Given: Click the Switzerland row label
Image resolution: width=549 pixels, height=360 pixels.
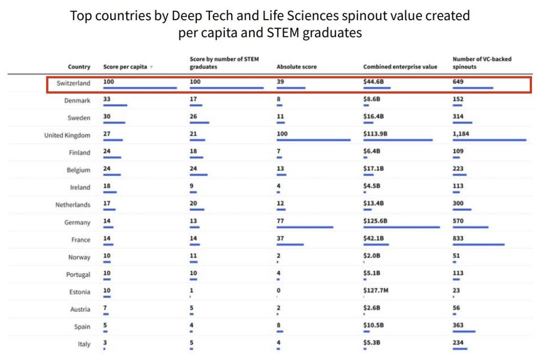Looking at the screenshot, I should pyautogui.click(x=73, y=83).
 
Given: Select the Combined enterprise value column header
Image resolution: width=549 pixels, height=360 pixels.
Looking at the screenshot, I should pyautogui.click(x=400, y=67).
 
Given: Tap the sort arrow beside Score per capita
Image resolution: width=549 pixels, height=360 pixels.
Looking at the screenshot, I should pyautogui.click(x=151, y=67).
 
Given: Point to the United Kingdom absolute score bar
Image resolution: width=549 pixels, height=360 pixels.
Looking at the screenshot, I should pyautogui.click(x=313, y=140).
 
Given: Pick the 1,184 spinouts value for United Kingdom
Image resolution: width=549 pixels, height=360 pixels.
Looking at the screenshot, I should pyautogui.click(x=461, y=134).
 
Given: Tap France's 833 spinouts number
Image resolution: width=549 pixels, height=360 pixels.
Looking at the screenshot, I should pyautogui.click(x=458, y=238).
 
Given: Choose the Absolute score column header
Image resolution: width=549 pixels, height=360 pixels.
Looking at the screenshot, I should pyautogui.click(x=296, y=67).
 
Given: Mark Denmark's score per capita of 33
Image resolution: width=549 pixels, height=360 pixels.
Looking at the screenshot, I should pyautogui.click(x=107, y=99).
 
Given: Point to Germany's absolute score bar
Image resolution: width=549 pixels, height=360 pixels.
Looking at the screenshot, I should pyautogui.click(x=305, y=227).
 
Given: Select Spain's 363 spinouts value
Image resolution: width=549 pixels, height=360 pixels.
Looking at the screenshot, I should pyautogui.click(x=458, y=325).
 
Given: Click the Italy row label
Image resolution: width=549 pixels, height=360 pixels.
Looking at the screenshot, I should pyautogui.click(x=84, y=344).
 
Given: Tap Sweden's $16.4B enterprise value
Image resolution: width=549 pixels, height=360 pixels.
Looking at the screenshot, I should pyautogui.click(x=373, y=116).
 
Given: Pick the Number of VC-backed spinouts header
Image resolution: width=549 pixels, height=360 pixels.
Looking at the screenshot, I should pyautogui.click(x=482, y=63).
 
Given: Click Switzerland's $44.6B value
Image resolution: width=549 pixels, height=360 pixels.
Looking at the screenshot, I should pyautogui.click(x=373, y=81).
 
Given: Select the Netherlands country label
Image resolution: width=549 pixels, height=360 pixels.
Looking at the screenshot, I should pyautogui.click(x=73, y=205).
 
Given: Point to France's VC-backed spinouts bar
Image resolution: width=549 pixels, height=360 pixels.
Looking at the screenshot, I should pyautogui.click(x=478, y=244).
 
